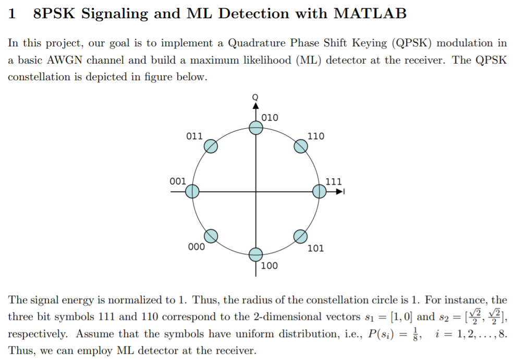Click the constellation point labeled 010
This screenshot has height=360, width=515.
point(255,128)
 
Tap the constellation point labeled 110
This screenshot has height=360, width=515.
point(301,146)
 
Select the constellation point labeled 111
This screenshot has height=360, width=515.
point(320,192)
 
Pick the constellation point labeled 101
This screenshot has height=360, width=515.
point(300,237)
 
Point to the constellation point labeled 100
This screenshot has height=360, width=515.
point(255,255)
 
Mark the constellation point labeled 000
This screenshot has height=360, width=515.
point(211,237)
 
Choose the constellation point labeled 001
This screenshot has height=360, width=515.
point(192,192)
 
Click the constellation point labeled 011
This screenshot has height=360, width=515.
point(210,146)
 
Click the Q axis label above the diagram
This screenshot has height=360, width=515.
point(255,96)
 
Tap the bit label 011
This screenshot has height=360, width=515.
point(194,136)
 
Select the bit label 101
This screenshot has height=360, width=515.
point(315,248)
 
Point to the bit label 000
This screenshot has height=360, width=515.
point(196,247)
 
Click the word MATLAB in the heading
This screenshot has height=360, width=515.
point(370,14)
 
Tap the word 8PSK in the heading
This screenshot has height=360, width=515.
point(55,14)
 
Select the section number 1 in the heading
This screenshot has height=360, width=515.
point(12,14)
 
